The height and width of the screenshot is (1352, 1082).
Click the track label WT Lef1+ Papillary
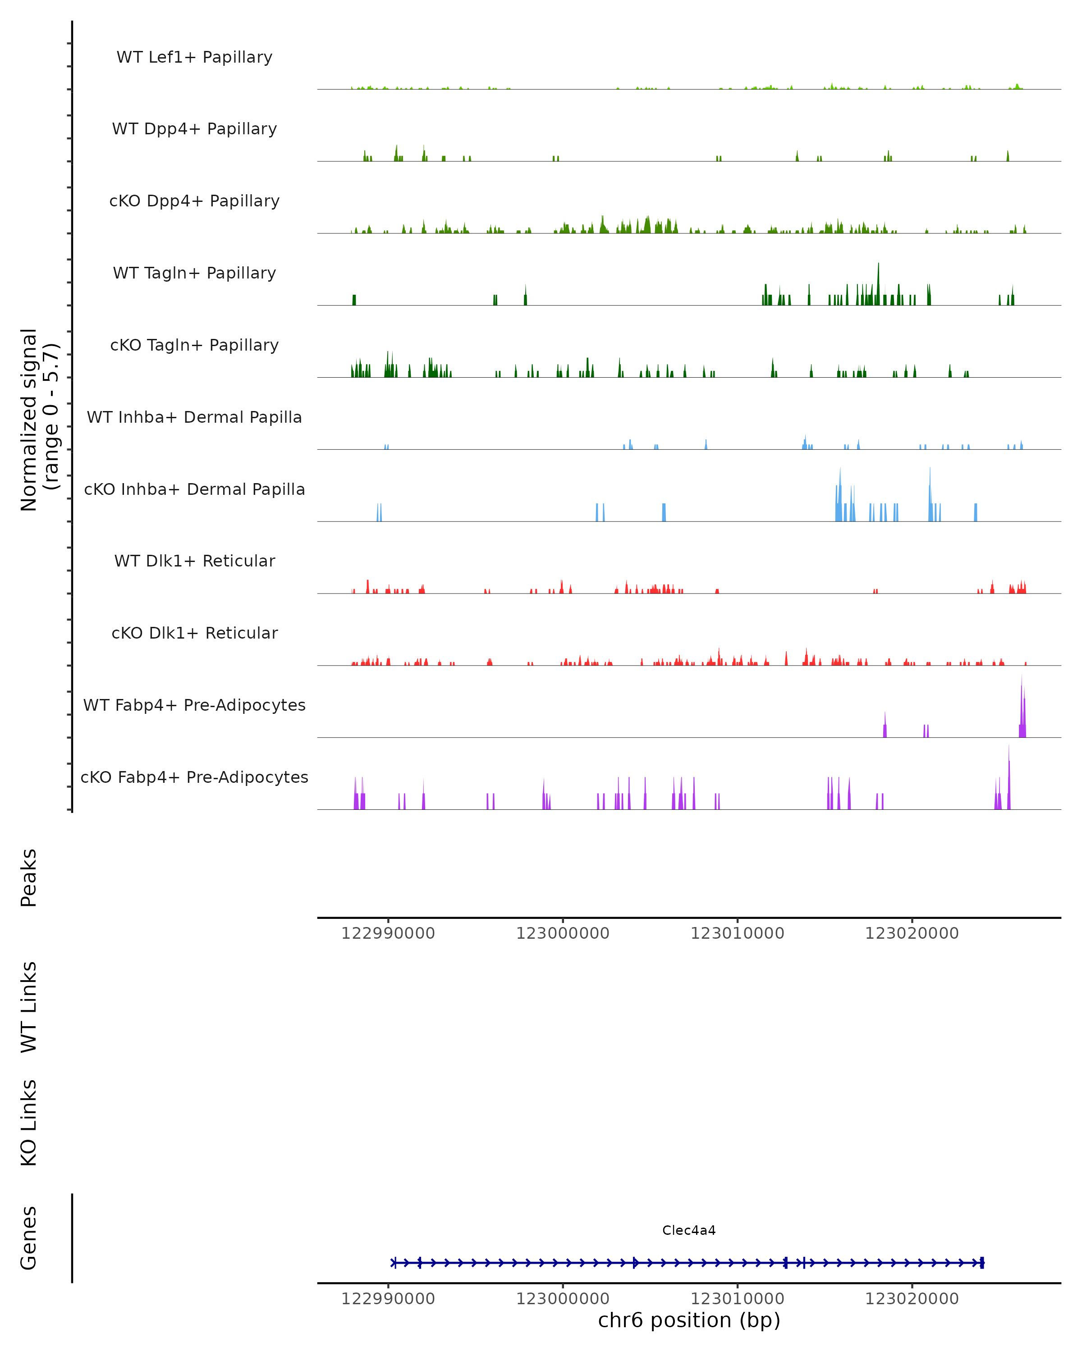(x=194, y=57)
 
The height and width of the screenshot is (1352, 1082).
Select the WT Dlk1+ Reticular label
(x=194, y=561)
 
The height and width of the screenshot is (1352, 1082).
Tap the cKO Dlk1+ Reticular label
(x=194, y=633)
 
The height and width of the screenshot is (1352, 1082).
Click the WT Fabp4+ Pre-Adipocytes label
(x=194, y=705)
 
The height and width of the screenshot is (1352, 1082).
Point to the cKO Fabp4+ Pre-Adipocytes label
(x=194, y=777)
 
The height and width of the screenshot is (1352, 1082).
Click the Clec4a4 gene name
(x=689, y=1230)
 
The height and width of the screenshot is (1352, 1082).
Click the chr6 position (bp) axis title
(x=689, y=1320)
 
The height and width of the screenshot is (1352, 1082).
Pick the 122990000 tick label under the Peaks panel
(x=388, y=933)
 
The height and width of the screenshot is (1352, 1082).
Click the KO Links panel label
(x=29, y=1123)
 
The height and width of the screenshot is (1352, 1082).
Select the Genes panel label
(x=29, y=1238)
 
